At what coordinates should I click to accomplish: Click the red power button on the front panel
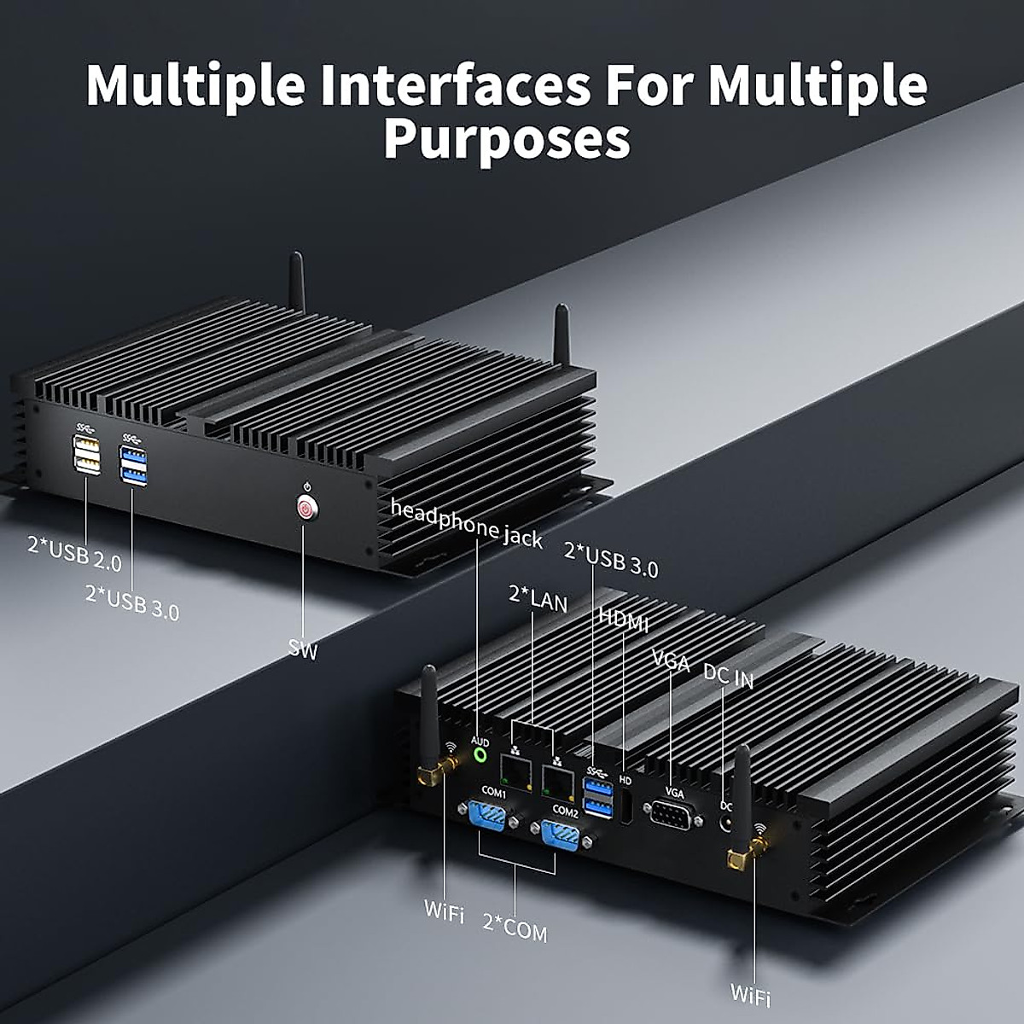point(305,509)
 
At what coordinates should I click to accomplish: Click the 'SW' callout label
point(302,651)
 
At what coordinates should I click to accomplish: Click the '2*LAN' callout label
point(538,598)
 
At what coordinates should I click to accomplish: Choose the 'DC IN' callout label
point(728,676)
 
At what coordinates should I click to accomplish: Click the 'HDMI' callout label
point(623,620)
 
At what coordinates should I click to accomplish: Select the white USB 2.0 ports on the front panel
point(87,453)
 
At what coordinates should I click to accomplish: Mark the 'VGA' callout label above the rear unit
point(670,660)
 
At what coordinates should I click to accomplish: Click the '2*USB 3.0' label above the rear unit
point(611,560)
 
